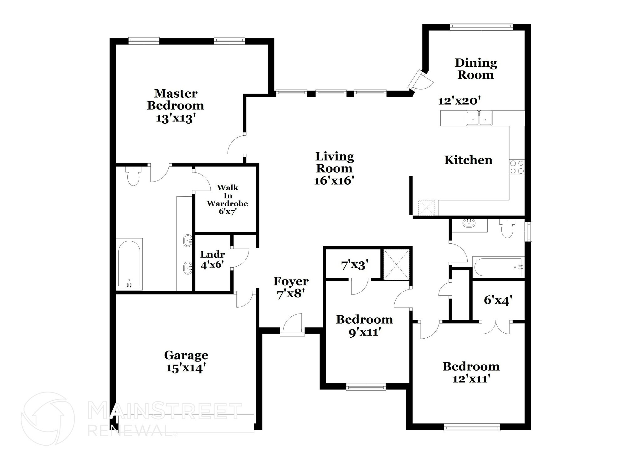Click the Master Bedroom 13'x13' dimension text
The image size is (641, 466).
coord(176,119)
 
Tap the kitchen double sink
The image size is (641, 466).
coord(479,118)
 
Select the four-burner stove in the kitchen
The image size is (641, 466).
coord(517,167)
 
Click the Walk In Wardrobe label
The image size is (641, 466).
coord(227,199)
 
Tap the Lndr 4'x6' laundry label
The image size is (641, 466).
coord(212,259)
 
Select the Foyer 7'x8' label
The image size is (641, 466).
coord(291,288)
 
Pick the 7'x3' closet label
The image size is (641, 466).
coord(353,265)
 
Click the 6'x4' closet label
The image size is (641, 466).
coord(498,300)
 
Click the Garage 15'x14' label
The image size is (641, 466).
coord(186,361)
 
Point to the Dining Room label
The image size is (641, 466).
coord(476,69)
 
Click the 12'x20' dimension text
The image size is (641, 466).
coord(459,101)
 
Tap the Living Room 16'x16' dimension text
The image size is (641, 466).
coord(334,181)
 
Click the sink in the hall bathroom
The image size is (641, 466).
coord(469,223)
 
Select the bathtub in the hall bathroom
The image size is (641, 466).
coord(498,267)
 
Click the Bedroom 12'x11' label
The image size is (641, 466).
coord(471,372)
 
